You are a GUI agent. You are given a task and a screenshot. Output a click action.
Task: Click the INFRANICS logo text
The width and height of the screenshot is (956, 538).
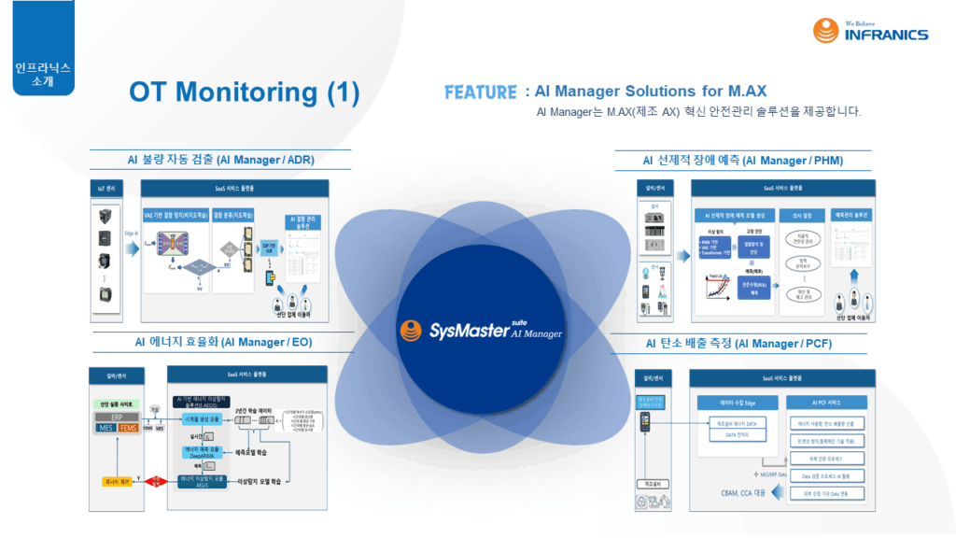886,35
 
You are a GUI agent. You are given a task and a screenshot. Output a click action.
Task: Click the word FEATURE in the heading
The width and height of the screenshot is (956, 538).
481,92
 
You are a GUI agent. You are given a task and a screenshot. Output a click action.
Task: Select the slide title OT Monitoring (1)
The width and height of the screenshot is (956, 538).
244,92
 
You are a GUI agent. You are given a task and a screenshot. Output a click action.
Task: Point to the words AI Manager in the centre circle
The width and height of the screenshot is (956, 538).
536,333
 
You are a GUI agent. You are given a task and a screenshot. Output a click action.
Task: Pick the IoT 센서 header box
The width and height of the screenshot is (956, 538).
105,188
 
